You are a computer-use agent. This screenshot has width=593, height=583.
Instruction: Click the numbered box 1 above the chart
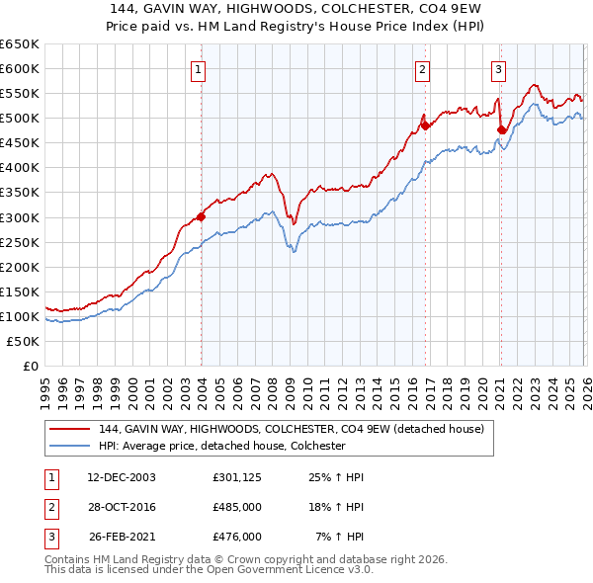click(x=199, y=69)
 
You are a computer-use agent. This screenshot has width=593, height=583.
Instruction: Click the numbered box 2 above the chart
click(x=422, y=69)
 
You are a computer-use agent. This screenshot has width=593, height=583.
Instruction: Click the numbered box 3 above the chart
click(x=498, y=69)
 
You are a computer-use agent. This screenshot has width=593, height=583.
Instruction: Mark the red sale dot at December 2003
click(x=202, y=216)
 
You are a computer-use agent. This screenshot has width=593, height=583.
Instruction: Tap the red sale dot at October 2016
click(x=425, y=125)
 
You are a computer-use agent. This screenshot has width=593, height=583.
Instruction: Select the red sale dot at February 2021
click(x=501, y=129)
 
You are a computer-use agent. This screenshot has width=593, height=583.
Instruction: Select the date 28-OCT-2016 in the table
click(x=123, y=507)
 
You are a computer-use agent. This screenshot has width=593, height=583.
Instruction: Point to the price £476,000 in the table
click(x=237, y=537)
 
